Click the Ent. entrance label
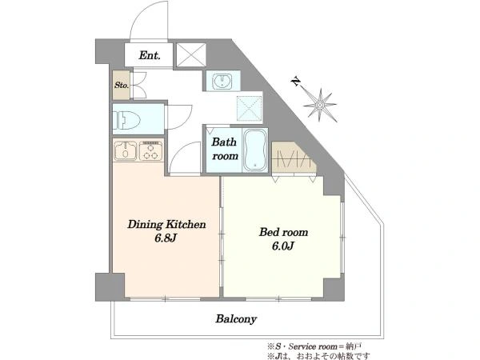tap(150, 55)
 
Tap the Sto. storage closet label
tap(122, 85)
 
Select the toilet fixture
tap(126, 119)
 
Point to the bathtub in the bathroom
tap(255, 150)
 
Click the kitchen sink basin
tap(126, 150)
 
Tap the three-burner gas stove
tap(150, 150)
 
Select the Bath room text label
tap(225, 149)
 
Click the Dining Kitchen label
tap(166, 224)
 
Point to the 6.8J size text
tap(166, 238)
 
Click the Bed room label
tap(283, 232)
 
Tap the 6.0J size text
tap(283, 246)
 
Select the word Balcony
tap(236, 319)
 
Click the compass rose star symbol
tap(320, 106)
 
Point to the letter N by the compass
tap(295, 82)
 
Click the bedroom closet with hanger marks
tap(294, 157)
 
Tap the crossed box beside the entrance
tap(191, 54)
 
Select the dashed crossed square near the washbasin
tap(249, 108)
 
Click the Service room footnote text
tap(314, 346)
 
